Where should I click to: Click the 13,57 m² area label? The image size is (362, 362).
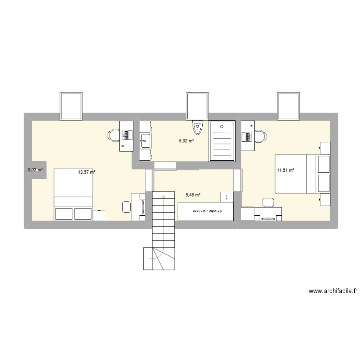[86, 172]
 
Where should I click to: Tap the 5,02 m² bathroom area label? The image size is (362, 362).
[186, 141]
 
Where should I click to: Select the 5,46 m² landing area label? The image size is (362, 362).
[193, 195]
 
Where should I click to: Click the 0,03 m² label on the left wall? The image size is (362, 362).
[35, 170]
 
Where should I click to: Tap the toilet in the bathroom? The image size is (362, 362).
[197, 128]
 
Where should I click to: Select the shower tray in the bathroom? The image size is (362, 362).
[223, 140]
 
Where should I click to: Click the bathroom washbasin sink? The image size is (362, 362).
[145, 142]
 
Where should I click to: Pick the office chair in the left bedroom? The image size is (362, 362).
[114, 135]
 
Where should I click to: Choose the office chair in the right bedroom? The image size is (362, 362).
[260, 136]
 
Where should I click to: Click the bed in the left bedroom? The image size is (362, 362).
[73, 194]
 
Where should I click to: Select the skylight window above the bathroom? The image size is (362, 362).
[197, 106]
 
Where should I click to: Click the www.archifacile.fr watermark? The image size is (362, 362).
[333, 291]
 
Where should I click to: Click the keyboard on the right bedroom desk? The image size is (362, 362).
[248, 137]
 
